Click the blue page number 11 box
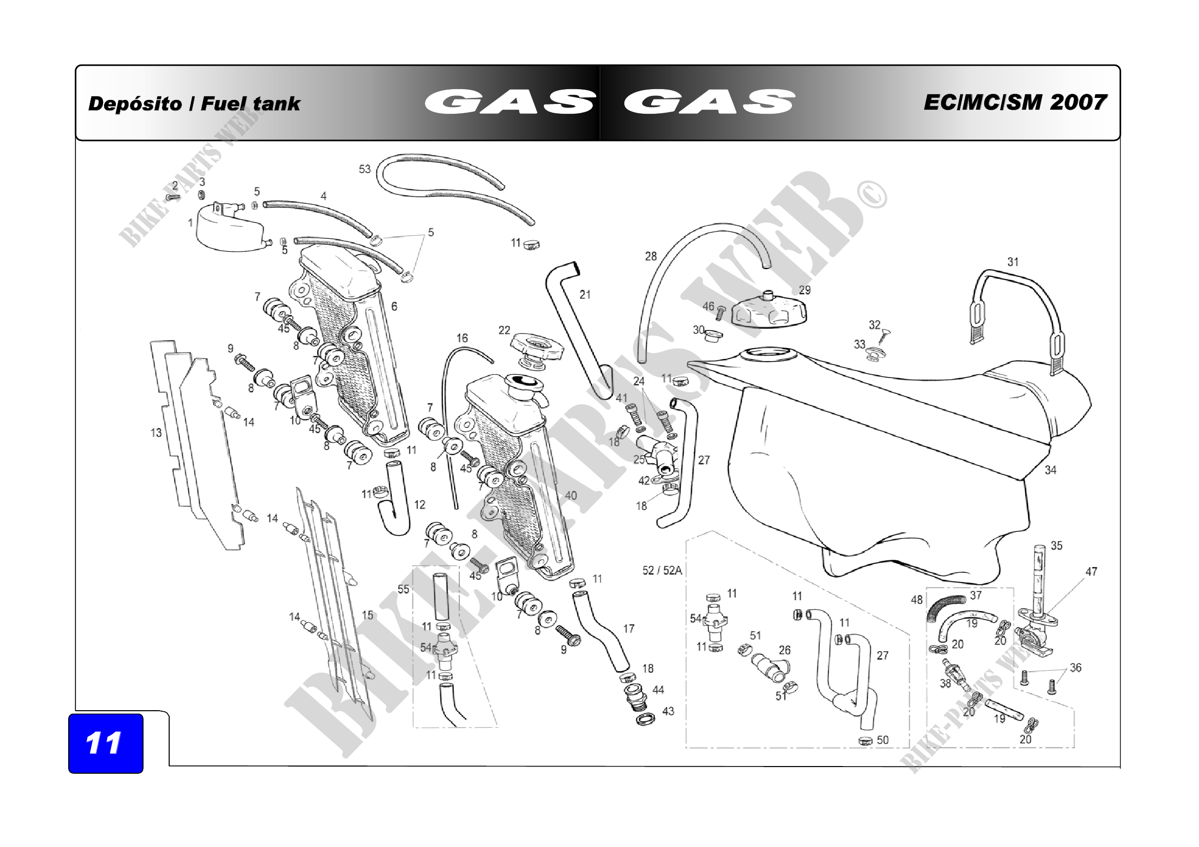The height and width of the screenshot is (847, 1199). tap(106, 743)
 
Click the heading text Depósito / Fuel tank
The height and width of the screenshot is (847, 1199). tap(194, 104)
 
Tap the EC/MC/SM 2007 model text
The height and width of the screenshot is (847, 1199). tap(1015, 102)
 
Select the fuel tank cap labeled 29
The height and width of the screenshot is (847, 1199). tap(769, 311)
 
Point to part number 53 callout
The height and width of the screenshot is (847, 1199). tap(364, 169)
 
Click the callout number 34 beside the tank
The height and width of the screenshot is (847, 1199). tap(1051, 470)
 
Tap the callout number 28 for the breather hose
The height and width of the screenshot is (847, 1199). tap(651, 256)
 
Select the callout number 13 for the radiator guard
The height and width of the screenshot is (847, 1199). tap(156, 432)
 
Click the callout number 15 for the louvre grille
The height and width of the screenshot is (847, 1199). tap(368, 615)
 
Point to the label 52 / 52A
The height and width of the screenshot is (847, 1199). tap(662, 570)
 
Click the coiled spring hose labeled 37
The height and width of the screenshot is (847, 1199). tap(946, 609)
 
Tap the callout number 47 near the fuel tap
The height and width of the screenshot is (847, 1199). tap(1091, 571)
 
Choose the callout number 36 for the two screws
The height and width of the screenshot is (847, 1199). tap(1076, 668)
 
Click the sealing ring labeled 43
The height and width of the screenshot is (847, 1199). tap(646, 718)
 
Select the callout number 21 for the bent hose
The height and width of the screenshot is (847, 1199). tap(585, 295)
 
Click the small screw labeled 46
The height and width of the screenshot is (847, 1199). tap(721, 313)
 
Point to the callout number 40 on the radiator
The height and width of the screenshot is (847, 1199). tap(571, 495)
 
